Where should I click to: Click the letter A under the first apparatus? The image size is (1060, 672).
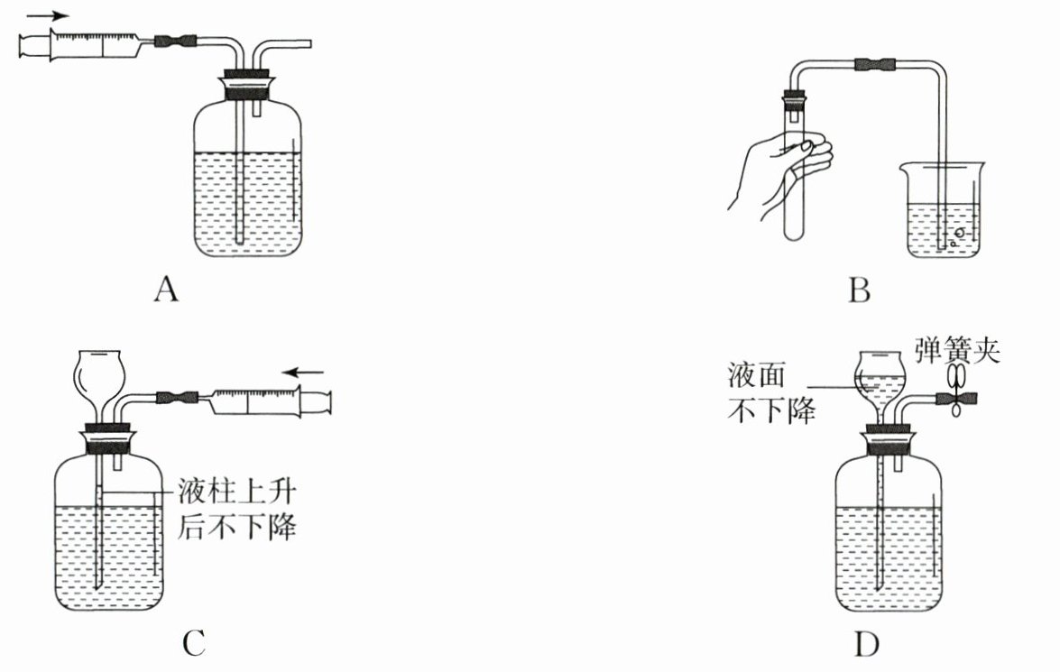164,290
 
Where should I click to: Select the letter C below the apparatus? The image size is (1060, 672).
194,643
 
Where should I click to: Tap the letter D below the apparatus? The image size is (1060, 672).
866,644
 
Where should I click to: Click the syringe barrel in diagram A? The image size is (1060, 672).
90,42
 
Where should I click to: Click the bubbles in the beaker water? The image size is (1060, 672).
958,235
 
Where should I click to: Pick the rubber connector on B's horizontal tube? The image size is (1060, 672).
875,64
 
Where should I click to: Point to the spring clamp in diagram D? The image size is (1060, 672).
956,395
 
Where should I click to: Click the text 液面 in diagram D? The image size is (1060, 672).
753,371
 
